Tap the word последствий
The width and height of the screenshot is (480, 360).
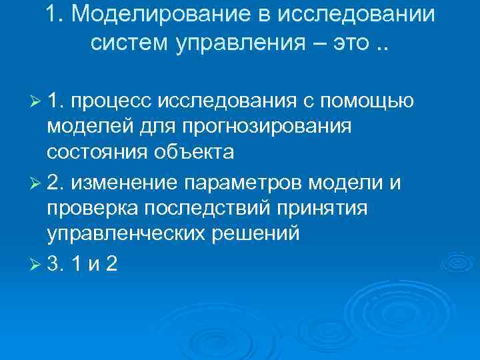[213, 209]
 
